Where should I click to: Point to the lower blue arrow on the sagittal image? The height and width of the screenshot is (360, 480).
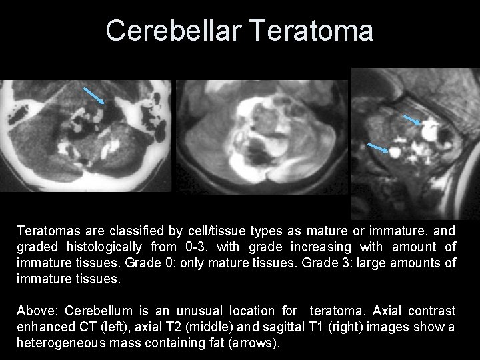pos(379,147)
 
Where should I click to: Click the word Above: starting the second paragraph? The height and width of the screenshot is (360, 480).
pos(36,311)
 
